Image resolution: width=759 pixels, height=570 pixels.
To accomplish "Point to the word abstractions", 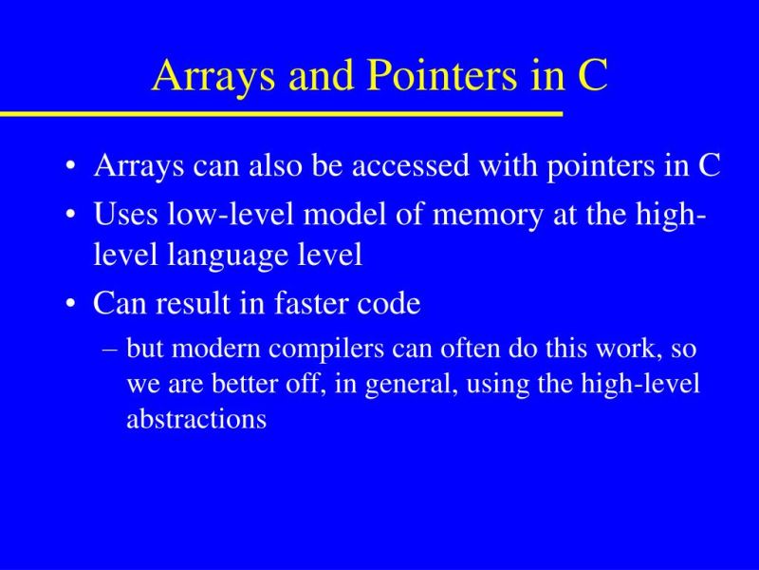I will pos(196,419).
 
